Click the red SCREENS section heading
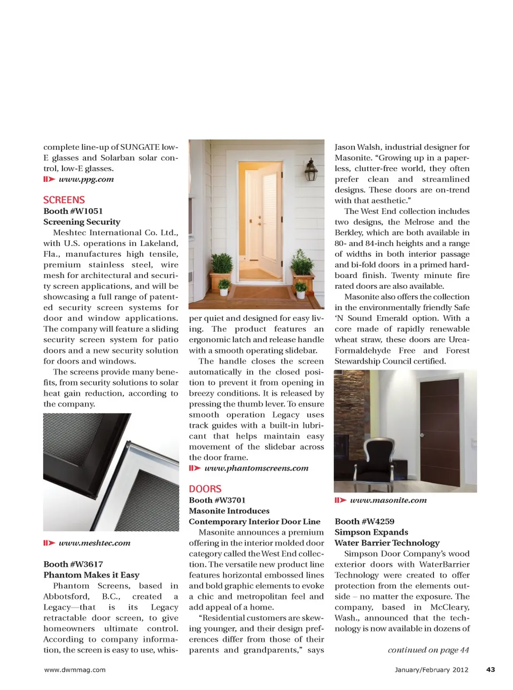[64, 200]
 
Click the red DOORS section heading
[205, 489]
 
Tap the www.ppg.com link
[86, 179]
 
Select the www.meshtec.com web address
[94, 543]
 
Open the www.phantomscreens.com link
[256, 468]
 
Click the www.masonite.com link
[388, 500]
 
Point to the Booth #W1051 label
[73, 211]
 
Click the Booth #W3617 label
[73, 564]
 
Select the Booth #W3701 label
[217, 500]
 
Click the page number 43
[491, 670]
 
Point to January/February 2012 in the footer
[431, 670]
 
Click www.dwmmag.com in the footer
[75, 670]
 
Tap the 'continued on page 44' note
[428, 650]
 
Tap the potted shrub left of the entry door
[222, 266]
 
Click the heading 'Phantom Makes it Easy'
[91, 575]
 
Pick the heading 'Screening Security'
[82, 222]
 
